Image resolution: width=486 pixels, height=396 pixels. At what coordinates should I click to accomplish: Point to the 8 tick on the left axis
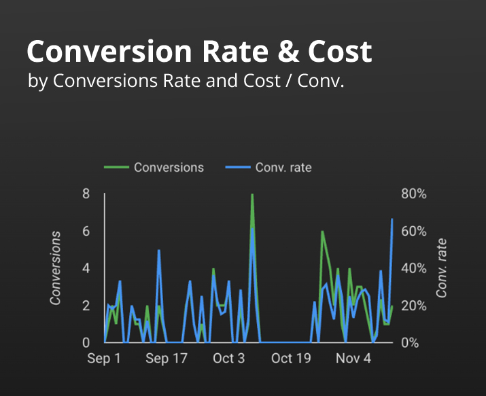[86, 194]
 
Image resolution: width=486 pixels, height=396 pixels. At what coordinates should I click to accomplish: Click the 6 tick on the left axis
[86, 232]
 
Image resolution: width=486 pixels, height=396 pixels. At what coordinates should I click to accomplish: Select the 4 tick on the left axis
[86, 268]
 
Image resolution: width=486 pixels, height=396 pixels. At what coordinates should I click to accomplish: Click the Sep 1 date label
[104, 359]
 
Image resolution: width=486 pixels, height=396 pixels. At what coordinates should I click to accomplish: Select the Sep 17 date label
[167, 359]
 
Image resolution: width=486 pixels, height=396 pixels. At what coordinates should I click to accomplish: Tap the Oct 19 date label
[292, 359]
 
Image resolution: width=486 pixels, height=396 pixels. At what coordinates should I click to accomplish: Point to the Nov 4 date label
[354, 359]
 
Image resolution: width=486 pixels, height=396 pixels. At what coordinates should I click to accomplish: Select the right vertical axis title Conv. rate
[442, 268]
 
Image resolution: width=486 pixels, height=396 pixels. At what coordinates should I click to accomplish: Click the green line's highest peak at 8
[252, 195]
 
